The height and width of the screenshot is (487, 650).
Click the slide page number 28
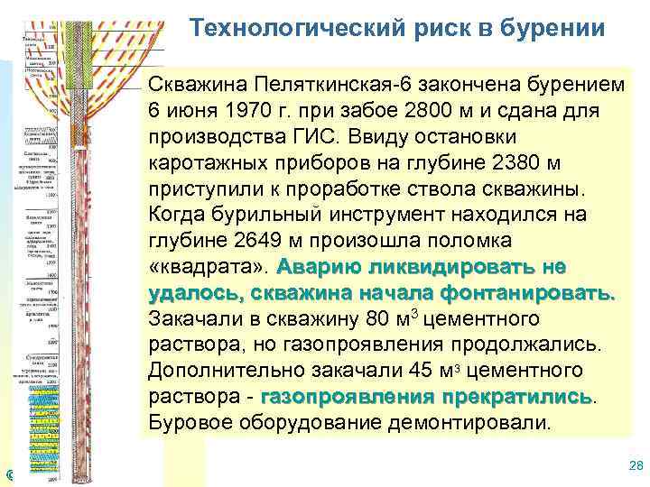click(x=634, y=465)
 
